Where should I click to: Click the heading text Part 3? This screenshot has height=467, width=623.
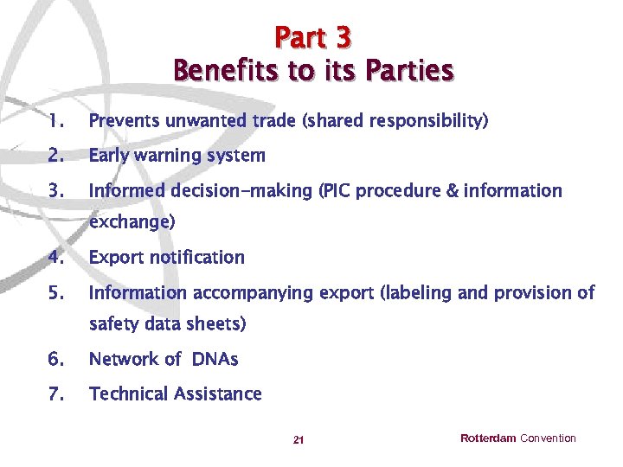313,37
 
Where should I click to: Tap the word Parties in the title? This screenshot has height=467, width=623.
410,70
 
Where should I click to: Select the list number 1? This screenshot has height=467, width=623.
55,121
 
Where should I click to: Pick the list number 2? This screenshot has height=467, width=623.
56,157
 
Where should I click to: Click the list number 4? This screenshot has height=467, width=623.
56,258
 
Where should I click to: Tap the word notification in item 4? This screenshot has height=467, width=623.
196,258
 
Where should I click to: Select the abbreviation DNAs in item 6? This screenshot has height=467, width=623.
215,359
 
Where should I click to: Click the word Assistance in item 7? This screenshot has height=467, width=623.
216,394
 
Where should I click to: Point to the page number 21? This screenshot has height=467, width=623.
299,441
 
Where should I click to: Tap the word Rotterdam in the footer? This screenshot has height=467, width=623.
488,438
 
